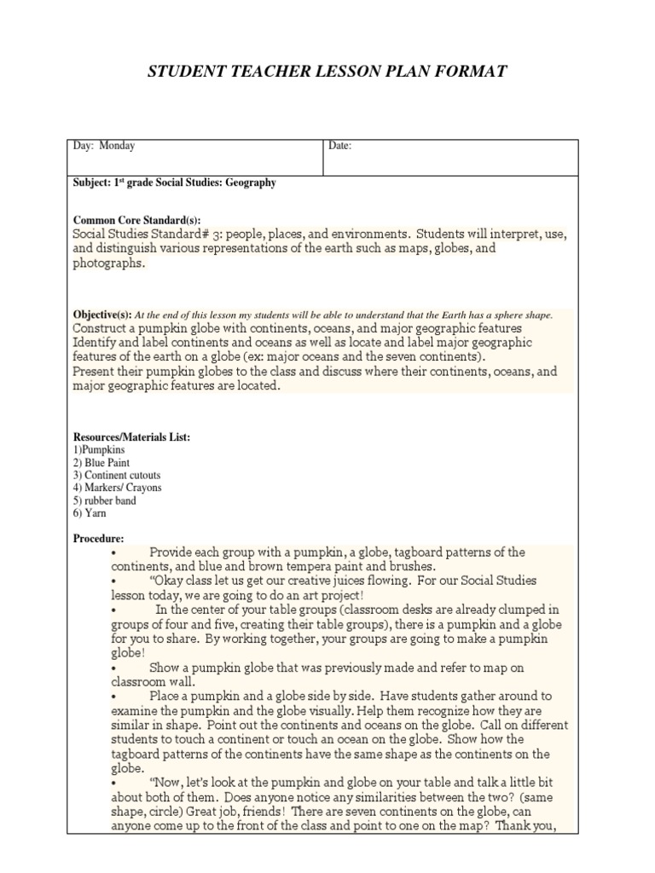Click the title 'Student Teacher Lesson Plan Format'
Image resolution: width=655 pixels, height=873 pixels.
coord(327,71)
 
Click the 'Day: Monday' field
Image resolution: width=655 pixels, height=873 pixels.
coord(104,146)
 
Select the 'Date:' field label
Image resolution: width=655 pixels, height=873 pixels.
coord(340,146)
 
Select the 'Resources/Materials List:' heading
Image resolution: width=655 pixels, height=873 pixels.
coord(131,436)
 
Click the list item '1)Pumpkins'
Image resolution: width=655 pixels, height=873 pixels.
coord(98,449)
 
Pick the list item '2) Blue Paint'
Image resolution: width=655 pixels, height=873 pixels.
coord(101,462)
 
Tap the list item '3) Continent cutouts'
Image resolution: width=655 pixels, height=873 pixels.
coord(117,475)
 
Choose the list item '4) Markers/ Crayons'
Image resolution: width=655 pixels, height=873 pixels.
coord(117,488)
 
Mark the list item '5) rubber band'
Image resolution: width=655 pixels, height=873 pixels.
coord(104,500)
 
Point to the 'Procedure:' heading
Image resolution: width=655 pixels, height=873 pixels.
coord(98,538)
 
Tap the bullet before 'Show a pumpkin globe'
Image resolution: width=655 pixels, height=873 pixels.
coord(113,668)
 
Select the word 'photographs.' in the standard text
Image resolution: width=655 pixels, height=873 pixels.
coord(109,263)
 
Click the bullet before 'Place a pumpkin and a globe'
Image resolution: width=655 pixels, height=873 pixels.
coord(113,697)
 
